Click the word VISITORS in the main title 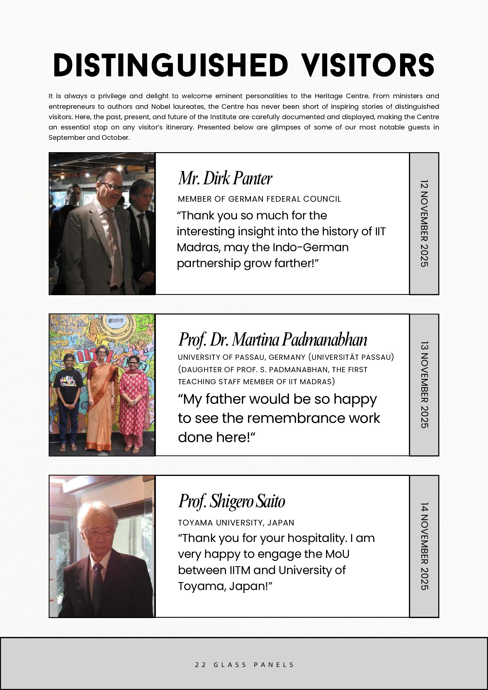pyautogui.click(x=368, y=65)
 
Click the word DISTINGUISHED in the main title pyautogui.click(x=171, y=65)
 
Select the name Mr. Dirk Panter pyautogui.click(x=225, y=178)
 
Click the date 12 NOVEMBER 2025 pyautogui.click(x=424, y=223)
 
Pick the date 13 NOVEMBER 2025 pyautogui.click(x=424, y=385)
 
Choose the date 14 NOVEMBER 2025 pyautogui.click(x=424, y=546)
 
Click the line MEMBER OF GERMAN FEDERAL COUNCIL pyautogui.click(x=259, y=199)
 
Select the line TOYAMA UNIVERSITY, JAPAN pyautogui.click(x=236, y=523)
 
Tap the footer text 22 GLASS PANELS pyautogui.click(x=244, y=664)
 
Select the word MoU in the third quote pyautogui.click(x=338, y=554)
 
